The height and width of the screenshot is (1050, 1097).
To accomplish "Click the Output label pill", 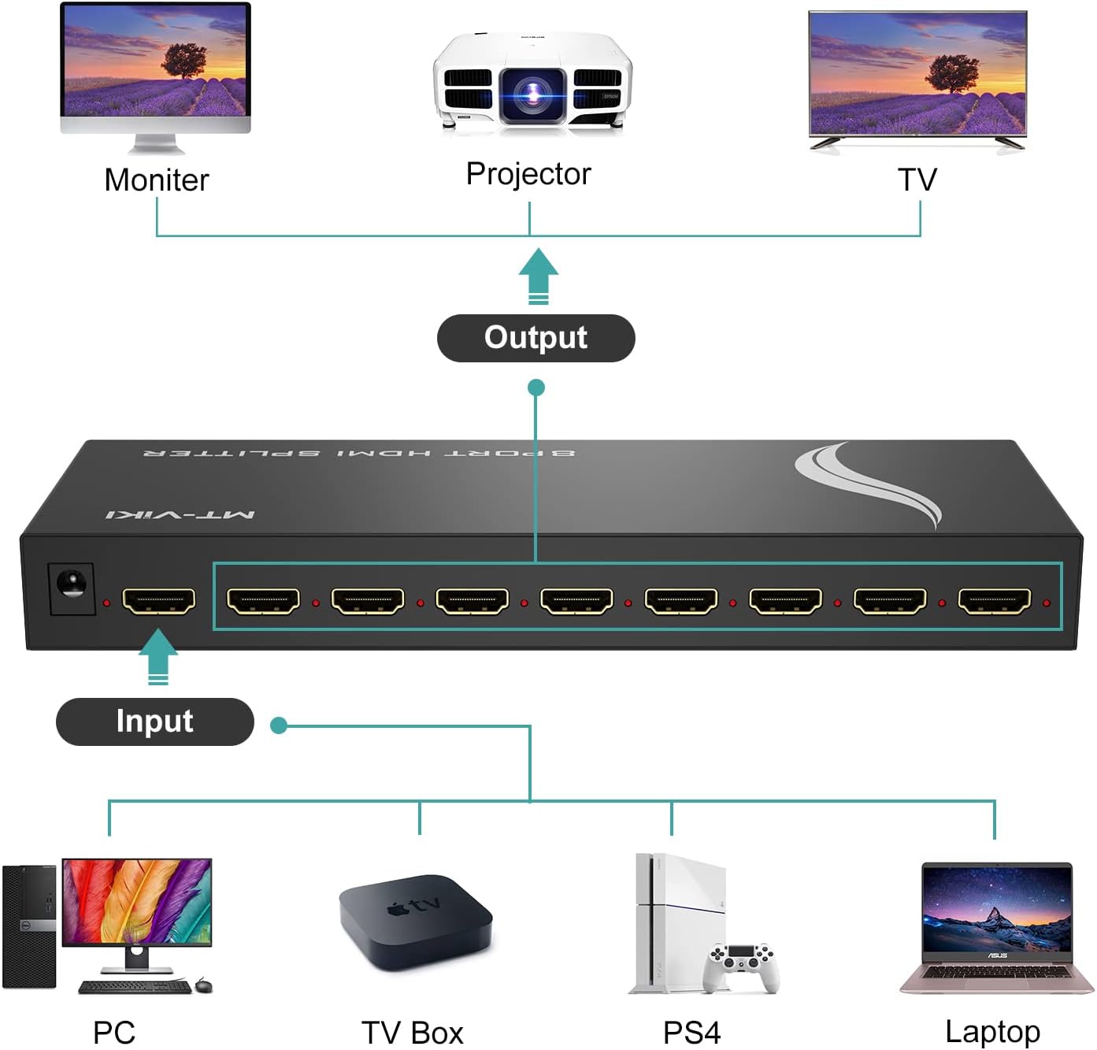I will (536, 338).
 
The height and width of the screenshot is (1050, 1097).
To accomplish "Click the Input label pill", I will (154, 721).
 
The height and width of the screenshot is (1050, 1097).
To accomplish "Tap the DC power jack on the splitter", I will (72, 588).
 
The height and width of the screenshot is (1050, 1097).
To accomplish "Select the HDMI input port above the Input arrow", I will (158, 601).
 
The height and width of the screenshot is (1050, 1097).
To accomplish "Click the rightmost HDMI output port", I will (994, 601).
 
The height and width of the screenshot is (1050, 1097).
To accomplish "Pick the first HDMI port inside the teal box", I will (263, 601).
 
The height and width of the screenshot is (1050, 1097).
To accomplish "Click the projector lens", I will (532, 95).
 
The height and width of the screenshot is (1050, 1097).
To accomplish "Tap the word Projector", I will (528, 174).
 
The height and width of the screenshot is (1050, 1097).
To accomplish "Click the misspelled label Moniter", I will (157, 180).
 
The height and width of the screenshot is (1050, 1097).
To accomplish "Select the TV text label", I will (917, 180).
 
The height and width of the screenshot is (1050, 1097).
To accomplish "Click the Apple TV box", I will (415, 922).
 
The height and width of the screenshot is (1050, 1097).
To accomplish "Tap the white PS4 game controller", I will (743, 966).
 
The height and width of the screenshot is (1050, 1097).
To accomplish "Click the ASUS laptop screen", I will (996, 912).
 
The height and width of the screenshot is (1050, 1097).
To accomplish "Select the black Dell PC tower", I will (29, 926).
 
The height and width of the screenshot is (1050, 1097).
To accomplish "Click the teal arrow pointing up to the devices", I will (539, 276).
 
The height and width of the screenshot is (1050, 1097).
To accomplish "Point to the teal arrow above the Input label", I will (158, 655).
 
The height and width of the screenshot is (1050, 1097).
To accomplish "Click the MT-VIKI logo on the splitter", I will (180, 514).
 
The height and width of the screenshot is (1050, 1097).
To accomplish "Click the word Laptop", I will (992, 1031).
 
